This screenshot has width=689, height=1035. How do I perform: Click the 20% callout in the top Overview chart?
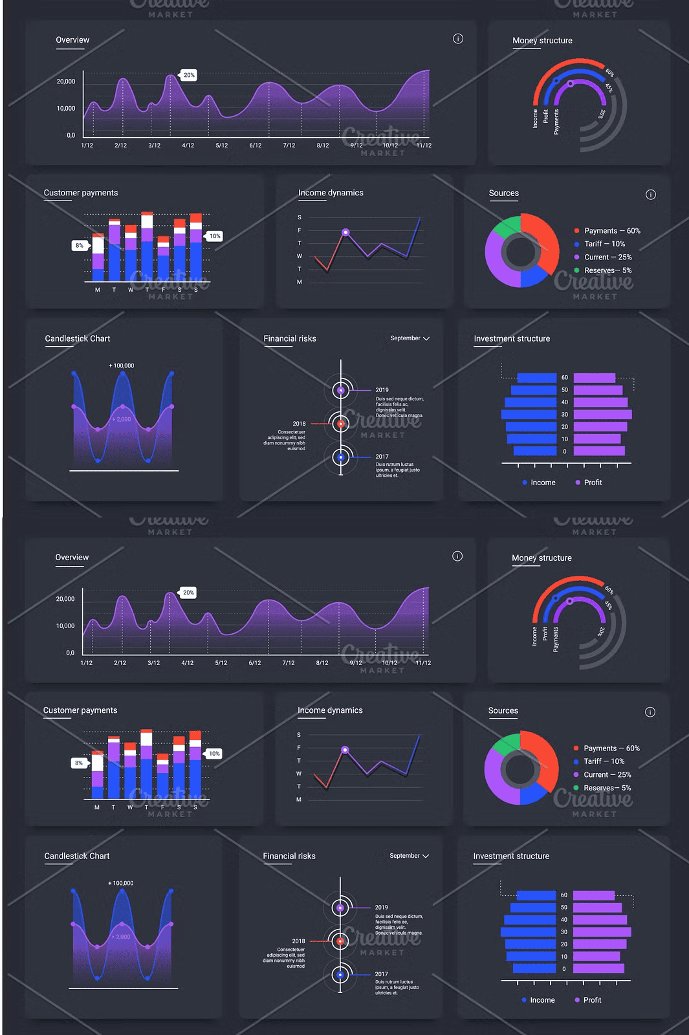click(x=189, y=75)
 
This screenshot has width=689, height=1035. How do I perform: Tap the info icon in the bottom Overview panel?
click(x=457, y=556)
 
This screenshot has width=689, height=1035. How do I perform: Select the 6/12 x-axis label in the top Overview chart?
click(x=256, y=146)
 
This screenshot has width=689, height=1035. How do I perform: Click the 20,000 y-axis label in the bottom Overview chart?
click(x=65, y=599)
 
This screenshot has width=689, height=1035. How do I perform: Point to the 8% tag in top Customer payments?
click(x=80, y=246)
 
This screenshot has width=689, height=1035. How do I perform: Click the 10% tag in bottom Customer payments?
click(x=214, y=754)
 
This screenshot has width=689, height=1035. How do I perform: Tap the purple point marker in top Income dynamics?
click(x=345, y=232)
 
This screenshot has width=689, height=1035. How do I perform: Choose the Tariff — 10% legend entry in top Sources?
click(x=604, y=244)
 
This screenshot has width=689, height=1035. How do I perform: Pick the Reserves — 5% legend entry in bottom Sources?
click(x=607, y=788)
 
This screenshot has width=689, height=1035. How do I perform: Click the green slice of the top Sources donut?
click(x=507, y=226)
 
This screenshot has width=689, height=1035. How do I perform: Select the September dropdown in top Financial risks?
click(x=410, y=338)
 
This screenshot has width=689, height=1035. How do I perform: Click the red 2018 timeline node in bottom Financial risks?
click(x=340, y=941)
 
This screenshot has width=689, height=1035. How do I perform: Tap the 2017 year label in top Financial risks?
click(x=382, y=457)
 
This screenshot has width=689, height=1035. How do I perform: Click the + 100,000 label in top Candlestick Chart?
click(x=122, y=366)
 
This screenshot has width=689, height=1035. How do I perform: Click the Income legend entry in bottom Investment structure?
click(x=542, y=1000)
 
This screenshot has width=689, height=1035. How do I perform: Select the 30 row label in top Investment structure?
click(x=565, y=415)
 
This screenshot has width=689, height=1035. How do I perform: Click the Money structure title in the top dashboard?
click(x=542, y=41)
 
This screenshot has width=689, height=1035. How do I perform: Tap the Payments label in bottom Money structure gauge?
click(x=556, y=639)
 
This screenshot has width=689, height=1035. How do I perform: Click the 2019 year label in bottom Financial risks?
click(x=382, y=908)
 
